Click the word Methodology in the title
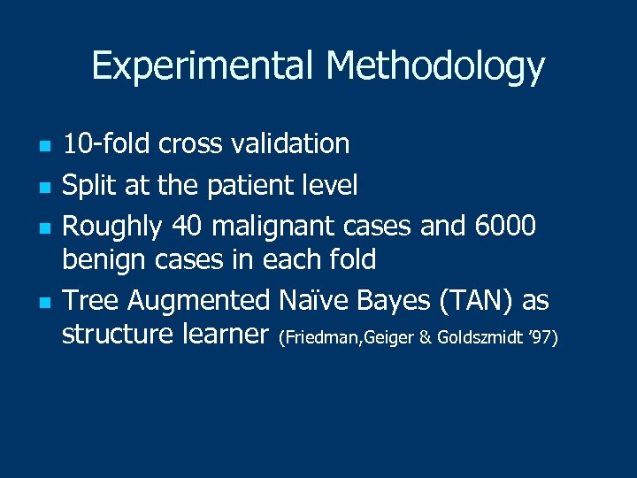(434, 66)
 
